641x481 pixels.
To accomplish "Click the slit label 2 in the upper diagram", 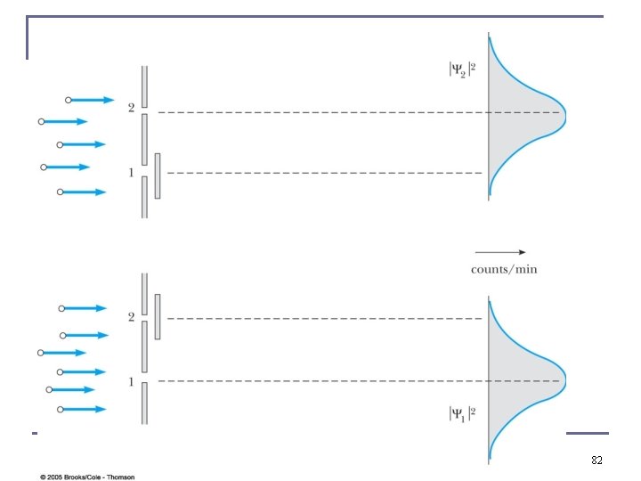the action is tap(131, 108).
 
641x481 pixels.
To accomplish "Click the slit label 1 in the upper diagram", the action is tap(131, 173).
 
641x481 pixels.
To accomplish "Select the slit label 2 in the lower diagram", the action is tap(131, 316).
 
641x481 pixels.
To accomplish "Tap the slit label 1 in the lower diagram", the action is tap(131, 382).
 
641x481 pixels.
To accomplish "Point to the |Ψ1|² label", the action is tap(463, 413).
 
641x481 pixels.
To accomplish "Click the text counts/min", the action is tap(504, 269).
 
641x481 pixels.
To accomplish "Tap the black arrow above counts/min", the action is tap(500, 252).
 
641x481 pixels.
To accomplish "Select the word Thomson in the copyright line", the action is tap(119, 477).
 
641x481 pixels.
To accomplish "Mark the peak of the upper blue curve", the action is tap(564, 113).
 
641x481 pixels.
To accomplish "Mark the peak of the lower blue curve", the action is tap(564, 381).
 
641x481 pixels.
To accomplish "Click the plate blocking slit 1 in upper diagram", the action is tap(158, 175).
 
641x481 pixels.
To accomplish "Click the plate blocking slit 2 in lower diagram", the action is tap(158, 316).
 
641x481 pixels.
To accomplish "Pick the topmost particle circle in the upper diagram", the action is tap(68, 100).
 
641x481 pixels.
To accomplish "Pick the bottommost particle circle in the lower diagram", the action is tap(61, 409).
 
